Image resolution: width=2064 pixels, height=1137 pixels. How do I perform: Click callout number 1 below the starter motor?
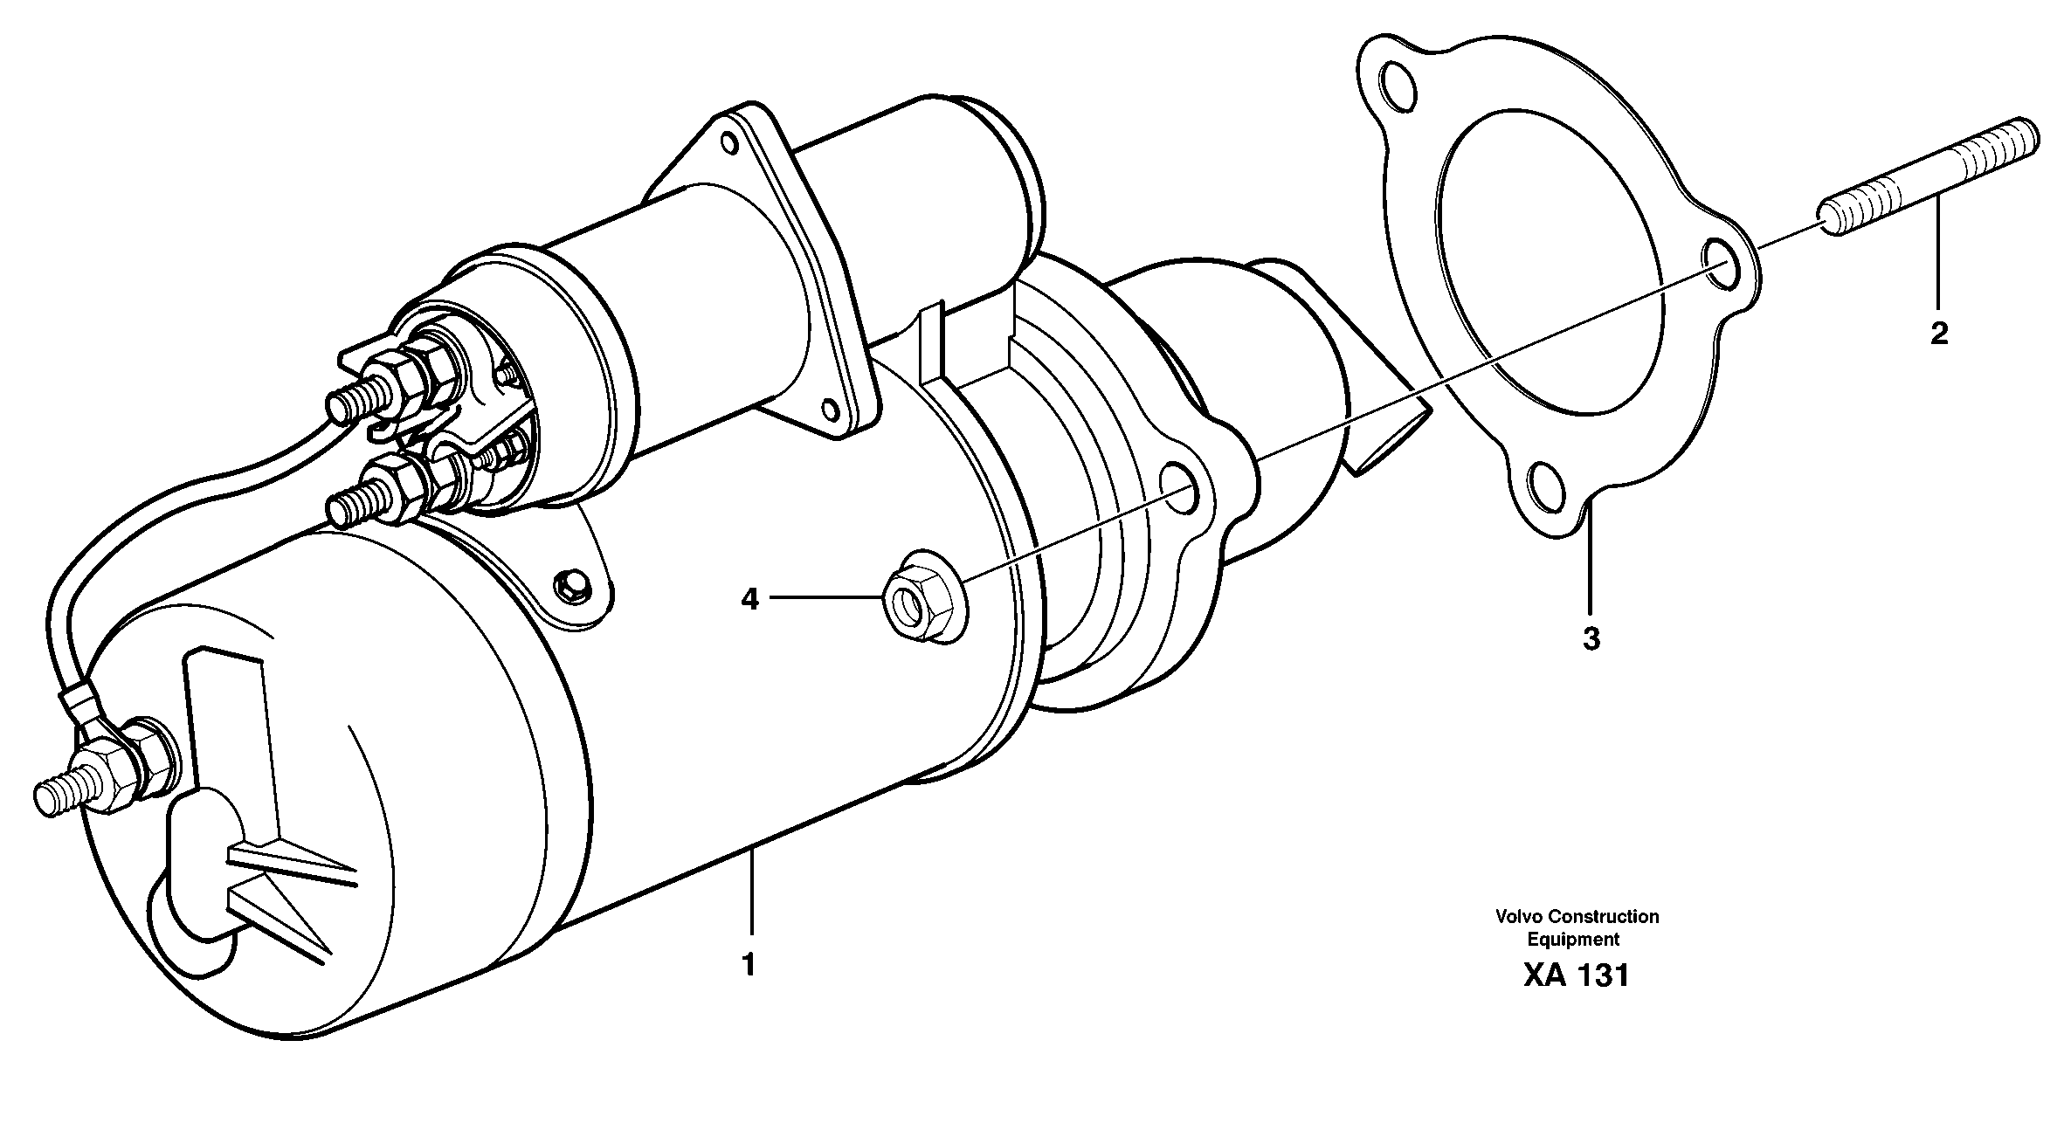click(748, 965)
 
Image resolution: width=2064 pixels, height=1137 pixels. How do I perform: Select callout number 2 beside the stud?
click(1939, 334)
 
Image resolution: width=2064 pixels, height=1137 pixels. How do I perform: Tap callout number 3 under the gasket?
click(1591, 639)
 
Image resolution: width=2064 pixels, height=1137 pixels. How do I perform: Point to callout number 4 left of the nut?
click(749, 599)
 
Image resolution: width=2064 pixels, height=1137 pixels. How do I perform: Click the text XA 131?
click(1577, 975)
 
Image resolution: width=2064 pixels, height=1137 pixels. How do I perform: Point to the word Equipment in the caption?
click(1572, 940)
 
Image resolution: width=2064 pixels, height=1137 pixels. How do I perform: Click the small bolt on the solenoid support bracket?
click(572, 582)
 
